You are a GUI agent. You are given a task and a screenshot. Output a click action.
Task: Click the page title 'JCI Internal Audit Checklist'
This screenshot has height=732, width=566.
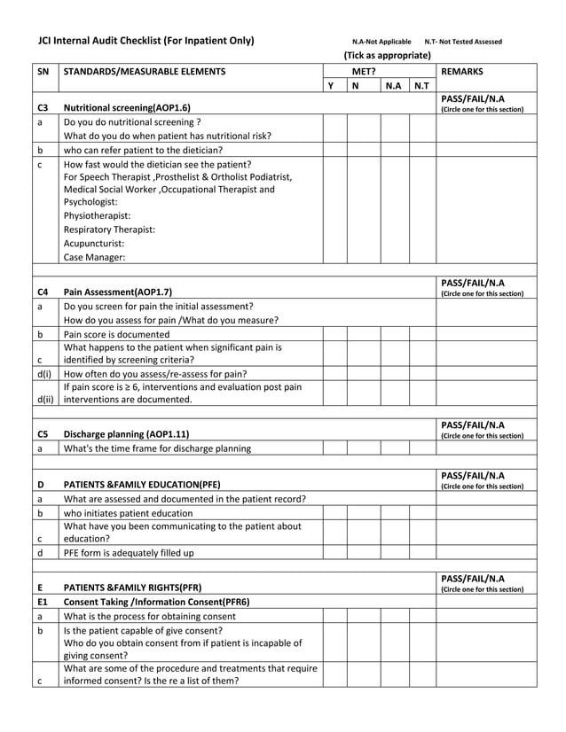145,41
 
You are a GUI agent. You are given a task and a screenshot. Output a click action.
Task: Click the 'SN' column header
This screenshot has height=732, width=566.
43,71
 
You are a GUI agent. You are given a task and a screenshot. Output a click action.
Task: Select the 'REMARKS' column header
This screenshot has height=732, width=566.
462,71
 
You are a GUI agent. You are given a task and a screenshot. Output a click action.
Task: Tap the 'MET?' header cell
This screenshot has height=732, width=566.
363,71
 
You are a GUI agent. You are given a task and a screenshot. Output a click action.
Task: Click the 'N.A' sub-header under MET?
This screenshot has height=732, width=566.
393,86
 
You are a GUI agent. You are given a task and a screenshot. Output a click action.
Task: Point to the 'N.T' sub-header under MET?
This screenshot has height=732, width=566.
421,86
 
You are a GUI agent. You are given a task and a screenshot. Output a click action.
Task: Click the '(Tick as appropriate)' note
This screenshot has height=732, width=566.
387,55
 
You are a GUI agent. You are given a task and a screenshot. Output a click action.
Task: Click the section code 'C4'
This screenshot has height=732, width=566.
43,292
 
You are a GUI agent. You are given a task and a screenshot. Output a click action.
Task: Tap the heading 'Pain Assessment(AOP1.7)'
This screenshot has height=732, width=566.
118,292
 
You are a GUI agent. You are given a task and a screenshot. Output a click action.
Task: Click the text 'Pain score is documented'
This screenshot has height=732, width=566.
116,335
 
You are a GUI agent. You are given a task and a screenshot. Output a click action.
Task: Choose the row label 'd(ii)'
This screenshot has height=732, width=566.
44,400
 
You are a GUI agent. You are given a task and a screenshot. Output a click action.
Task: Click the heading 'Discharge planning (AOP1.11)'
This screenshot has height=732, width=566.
126,434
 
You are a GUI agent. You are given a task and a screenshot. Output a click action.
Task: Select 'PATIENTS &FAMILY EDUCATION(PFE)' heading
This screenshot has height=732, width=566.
143,485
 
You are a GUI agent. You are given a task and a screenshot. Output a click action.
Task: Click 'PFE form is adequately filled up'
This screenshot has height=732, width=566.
129,553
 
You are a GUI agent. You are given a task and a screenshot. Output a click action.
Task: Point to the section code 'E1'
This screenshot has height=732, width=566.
42,602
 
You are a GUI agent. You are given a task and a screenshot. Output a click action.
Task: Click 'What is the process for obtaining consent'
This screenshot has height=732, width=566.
148,616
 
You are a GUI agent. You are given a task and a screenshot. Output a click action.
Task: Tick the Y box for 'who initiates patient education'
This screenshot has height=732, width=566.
331,513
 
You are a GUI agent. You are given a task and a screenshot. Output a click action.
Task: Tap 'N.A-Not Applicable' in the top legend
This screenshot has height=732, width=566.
381,42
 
